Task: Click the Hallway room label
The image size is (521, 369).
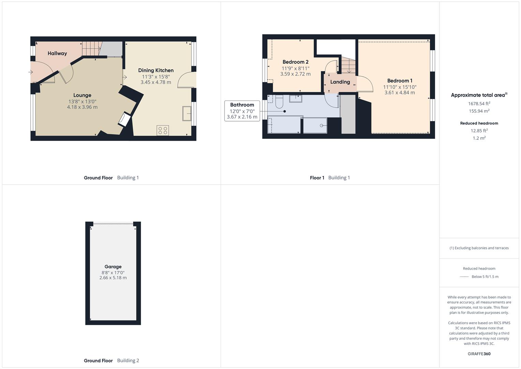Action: [x=57, y=53]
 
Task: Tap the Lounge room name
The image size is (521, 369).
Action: [x=82, y=95]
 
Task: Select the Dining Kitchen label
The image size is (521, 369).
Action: [x=156, y=70]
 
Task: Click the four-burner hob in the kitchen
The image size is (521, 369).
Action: [x=163, y=131]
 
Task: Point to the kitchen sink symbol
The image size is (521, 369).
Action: [x=187, y=114]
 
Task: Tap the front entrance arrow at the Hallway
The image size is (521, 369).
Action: [x=30, y=72]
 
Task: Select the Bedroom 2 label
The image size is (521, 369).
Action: [x=295, y=62]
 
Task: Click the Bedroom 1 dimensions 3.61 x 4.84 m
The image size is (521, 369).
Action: [x=400, y=93]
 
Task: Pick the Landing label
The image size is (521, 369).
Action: [x=340, y=82]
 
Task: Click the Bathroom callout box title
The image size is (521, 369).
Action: [x=242, y=105]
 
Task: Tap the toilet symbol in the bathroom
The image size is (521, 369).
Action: [x=279, y=102]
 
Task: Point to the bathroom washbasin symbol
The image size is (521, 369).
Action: [x=295, y=98]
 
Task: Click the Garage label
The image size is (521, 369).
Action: [x=113, y=266]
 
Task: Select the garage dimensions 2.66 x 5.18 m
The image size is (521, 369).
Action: [x=113, y=278]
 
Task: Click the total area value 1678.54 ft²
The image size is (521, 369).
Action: [x=479, y=104]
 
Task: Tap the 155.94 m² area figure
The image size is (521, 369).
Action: [x=479, y=111]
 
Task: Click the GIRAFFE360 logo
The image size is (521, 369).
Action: [x=479, y=354]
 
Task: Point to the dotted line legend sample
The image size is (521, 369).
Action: [x=464, y=277]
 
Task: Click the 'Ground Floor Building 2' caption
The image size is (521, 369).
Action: [x=111, y=360]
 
